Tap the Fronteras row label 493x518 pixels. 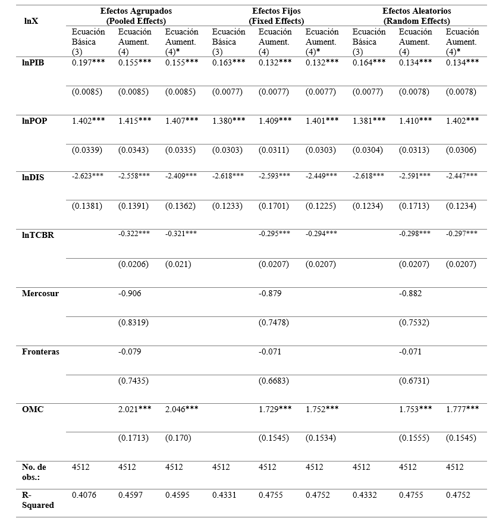point(41,351)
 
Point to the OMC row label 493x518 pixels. point(33,409)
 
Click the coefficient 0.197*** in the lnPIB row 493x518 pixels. point(92,63)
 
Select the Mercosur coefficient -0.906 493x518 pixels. point(129,293)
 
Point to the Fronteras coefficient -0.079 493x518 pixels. point(129,351)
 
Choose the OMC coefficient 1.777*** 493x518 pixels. point(462,409)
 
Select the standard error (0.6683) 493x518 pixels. point(274,381)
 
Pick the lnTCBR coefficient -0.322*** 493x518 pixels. point(134,234)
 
